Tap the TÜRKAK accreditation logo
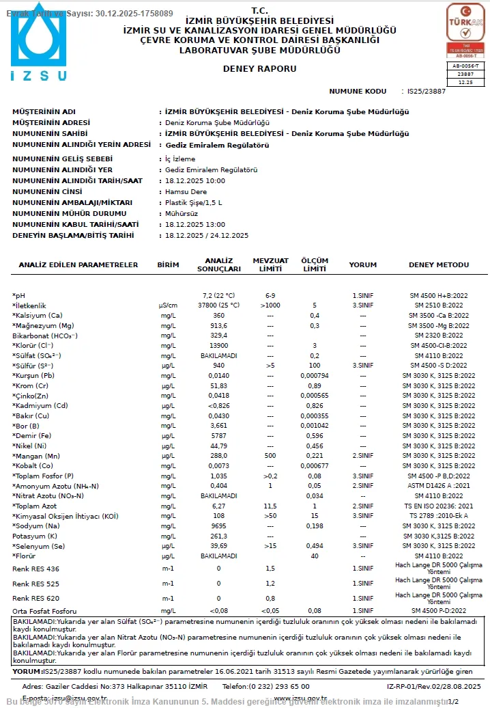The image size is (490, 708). (465, 30)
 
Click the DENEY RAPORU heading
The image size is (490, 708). (250, 69)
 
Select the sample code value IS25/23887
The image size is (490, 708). (427, 91)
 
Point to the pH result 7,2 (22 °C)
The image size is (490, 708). (218, 295)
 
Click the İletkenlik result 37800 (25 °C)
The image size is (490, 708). (218, 305)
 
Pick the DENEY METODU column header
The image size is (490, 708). (438, 264)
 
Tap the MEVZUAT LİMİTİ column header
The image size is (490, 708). (270, 264)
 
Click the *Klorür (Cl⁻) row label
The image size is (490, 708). (36, 346)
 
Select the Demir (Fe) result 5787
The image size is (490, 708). (218, 435)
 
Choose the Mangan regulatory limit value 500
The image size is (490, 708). (270, 455)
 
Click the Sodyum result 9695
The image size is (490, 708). (218, 526)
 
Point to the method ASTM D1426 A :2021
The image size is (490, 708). (438, 485)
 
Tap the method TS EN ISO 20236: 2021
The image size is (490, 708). (438, 506)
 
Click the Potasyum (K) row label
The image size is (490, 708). (36, 536)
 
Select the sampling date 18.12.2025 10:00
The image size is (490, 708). (195, 181)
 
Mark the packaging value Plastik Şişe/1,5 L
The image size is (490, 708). (194, 203)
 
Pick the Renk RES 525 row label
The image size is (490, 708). (36, 584)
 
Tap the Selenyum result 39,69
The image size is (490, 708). (218, 546)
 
